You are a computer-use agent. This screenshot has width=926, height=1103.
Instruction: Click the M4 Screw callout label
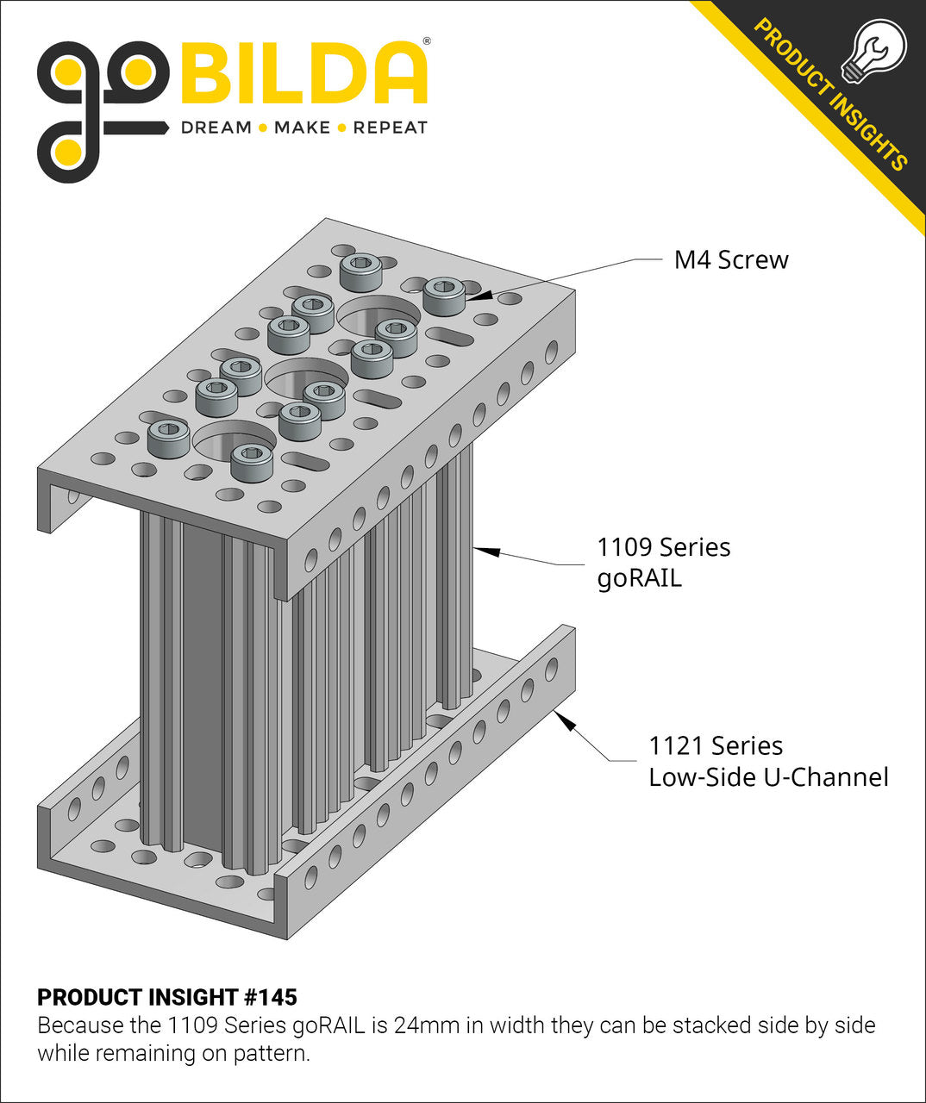point(730,259)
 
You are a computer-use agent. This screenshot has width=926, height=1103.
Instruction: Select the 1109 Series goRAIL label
point(663,562)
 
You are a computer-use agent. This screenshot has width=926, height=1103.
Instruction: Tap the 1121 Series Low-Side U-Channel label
point(767,761)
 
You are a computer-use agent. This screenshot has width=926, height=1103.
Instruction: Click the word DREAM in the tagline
point(216,128)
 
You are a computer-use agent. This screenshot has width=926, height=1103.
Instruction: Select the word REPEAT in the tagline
point(390,128)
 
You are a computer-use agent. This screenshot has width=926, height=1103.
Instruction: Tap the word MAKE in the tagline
point(302,128)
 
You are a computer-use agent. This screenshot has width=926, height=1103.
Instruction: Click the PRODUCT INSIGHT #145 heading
point(167,997)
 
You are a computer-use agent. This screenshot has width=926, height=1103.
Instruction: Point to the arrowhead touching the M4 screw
point(480,295)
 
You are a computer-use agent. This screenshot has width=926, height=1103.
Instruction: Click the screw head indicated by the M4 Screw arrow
point(444,294)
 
